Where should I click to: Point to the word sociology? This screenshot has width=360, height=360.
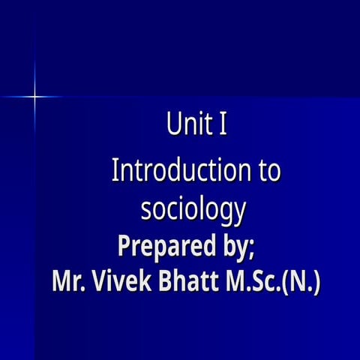coord(193,210)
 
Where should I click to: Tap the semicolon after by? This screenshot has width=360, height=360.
coord(259,249)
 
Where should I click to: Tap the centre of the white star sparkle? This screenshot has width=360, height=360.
coord(34,95)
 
